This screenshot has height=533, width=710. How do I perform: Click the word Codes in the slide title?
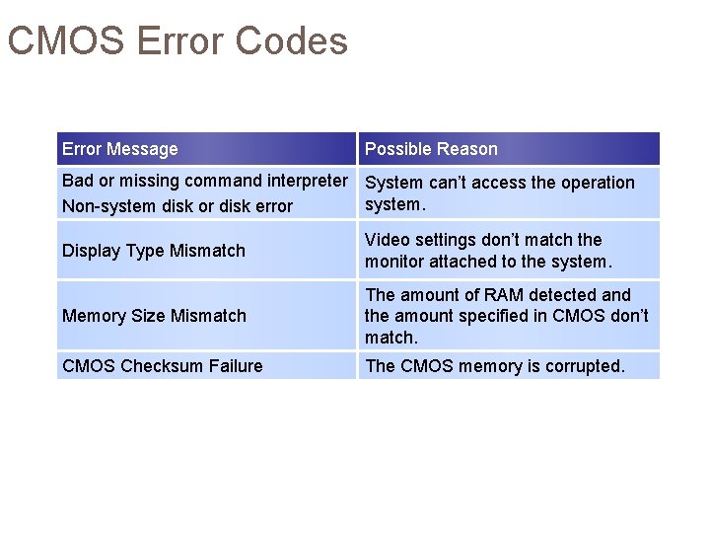[x=293, y=41]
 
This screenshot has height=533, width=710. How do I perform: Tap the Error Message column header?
[x=120, y=149]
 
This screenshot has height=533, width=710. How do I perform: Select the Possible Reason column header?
[x=431, y=149]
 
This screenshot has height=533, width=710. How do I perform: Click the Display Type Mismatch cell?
[x=154, y=251]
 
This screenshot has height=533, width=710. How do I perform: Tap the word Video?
[x=386, y=240]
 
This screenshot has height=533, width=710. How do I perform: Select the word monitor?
[x=397, y=262]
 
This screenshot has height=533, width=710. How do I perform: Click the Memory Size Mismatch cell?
[x=154, y=316]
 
